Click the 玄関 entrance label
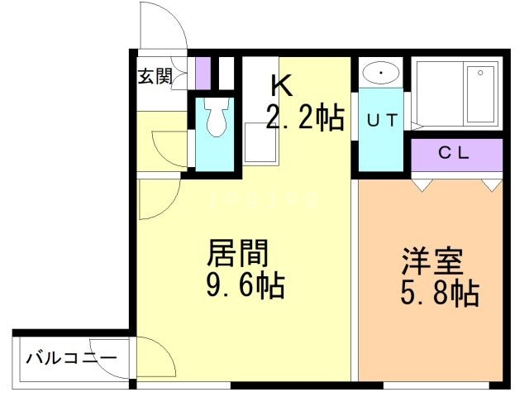pyautogui.click(x=155, y=77)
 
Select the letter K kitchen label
pyautogui.click(x=280, y=85)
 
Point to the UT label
pyautogui.click(x=382, y=120)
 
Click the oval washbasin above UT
pyautogui.click(x=380, y=73)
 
